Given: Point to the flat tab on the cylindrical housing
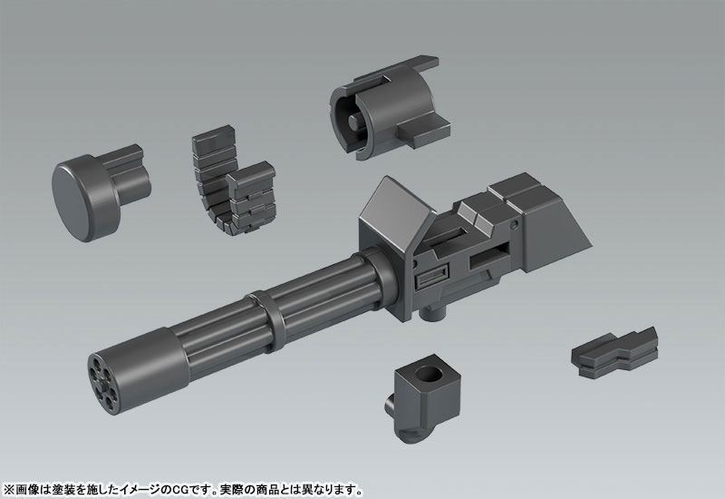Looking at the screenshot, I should (421, 136).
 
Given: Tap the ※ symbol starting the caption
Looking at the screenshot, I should (8, 484).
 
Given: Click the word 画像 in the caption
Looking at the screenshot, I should (25, 484).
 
